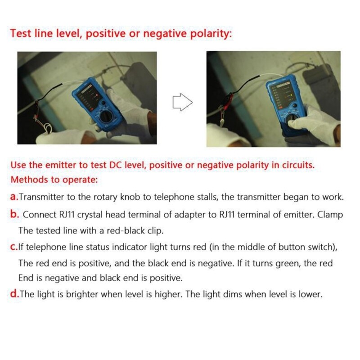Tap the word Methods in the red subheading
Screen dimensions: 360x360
[29, 180]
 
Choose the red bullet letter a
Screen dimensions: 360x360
[14, 197]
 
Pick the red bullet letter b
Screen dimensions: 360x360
[14, 214]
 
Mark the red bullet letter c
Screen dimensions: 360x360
[13, 247]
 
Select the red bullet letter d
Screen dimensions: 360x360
[14, 295]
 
